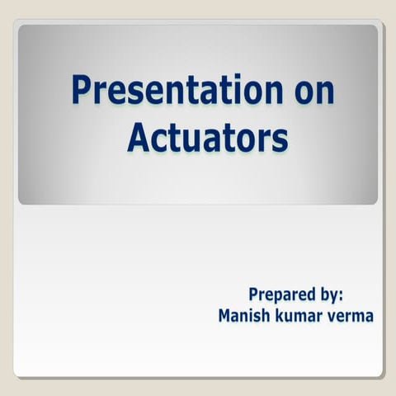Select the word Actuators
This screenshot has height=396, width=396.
(207, 138)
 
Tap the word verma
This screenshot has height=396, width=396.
(350, 315)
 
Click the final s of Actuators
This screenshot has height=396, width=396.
(280, 140)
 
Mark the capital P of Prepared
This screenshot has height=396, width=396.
(254, 295)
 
